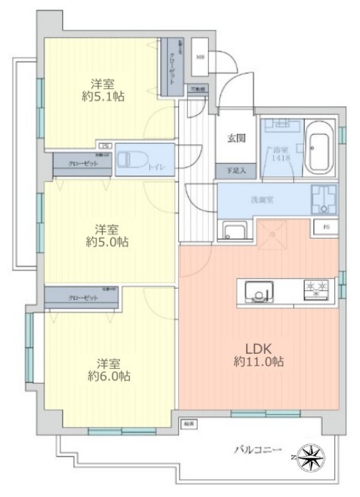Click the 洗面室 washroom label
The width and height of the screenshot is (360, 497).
point(262,199)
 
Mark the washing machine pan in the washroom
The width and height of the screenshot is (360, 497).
point(323,199)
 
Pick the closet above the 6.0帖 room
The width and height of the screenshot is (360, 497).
point(82,296)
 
